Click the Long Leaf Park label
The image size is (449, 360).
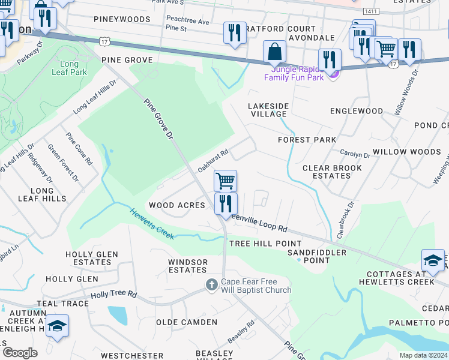pos(73,68)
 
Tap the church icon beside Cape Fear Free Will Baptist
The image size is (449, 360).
pos(211,284)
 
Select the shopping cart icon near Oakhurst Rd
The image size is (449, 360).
pos(226,180)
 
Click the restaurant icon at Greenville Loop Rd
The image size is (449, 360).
pos(226,203)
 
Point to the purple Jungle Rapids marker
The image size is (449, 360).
pos(334,73)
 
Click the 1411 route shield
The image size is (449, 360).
pos(371,12)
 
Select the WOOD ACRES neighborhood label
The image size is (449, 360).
pos(177,205)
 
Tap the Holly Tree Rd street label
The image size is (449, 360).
pos(113,295)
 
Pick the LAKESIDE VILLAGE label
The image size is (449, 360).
pos(268,110)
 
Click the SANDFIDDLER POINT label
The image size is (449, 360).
pos(317,257)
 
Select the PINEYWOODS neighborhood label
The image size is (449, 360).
pos(122,20)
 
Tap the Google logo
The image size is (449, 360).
pos(20,352)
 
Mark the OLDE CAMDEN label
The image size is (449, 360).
pos(187,322)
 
